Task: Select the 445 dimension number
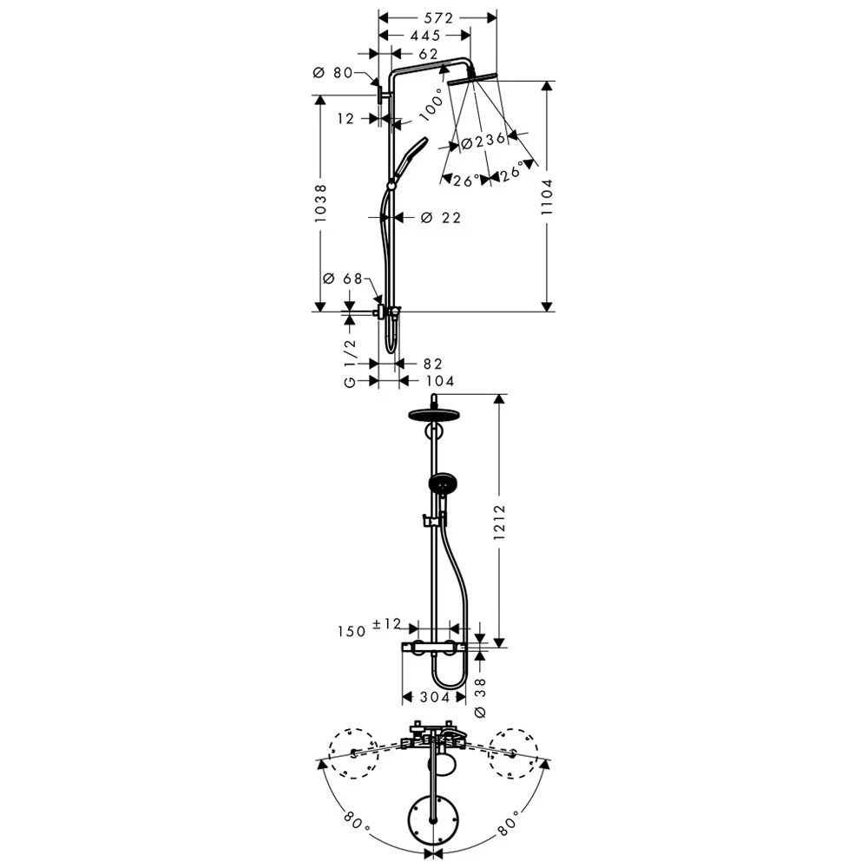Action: [424, 36]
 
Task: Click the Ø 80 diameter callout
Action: [332, 73]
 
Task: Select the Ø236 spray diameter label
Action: [483, 141]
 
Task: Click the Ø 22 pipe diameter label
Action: [441, 218]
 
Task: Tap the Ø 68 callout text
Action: [341, 279]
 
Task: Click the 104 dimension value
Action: [439, 381]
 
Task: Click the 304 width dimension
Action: [433, 697]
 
